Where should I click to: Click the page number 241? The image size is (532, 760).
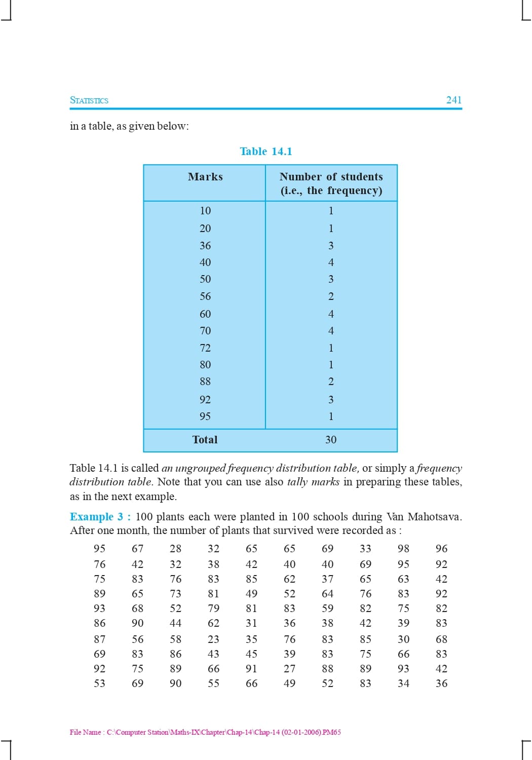(x=453, y=100)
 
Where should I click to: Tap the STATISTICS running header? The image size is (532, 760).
(x=89, y=100)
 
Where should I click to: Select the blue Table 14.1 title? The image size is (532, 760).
(x=266, y=151)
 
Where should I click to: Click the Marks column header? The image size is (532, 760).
(x=205, y=177)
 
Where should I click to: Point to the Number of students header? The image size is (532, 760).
(x=331, y=177)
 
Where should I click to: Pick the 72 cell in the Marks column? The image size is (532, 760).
(x=205, y=348)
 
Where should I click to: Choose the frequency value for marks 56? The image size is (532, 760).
(x=331, y=296)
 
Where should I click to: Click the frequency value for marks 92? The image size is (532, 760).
(x=331, y=400)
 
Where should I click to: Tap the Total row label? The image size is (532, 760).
(x=205, y=440)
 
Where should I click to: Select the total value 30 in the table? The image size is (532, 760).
(x=331, y=440)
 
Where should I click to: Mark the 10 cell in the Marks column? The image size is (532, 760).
(x=205, y=211)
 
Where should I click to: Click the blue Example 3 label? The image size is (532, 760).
(x=100, y=517)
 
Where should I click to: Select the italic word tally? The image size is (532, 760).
(x=297, y=482)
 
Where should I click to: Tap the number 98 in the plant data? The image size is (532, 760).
(x=403, y=549)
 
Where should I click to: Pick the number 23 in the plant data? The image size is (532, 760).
(x=213, y=639)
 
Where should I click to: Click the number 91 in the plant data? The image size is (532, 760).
(x=251, y=669)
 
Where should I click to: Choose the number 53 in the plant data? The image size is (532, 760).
(x=100, y=683)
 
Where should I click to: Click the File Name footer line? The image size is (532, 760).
(x=205, y=732)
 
